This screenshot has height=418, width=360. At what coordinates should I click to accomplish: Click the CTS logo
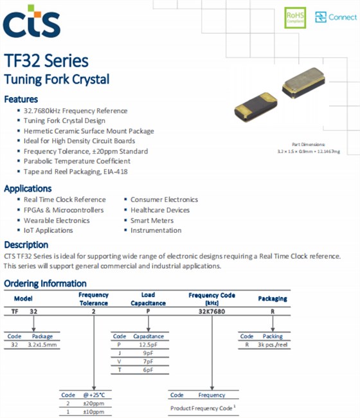point(32,22)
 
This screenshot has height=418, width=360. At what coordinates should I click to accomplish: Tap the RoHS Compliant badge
point(295,18)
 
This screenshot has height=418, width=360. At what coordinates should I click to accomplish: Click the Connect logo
point(336,17)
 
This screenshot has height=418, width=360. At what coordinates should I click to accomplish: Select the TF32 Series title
point(46,62)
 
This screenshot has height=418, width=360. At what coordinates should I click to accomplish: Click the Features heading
point(21,100)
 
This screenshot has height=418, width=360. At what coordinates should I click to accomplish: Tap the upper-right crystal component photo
point(307,84)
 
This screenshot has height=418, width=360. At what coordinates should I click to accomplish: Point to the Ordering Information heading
point(45,284)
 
